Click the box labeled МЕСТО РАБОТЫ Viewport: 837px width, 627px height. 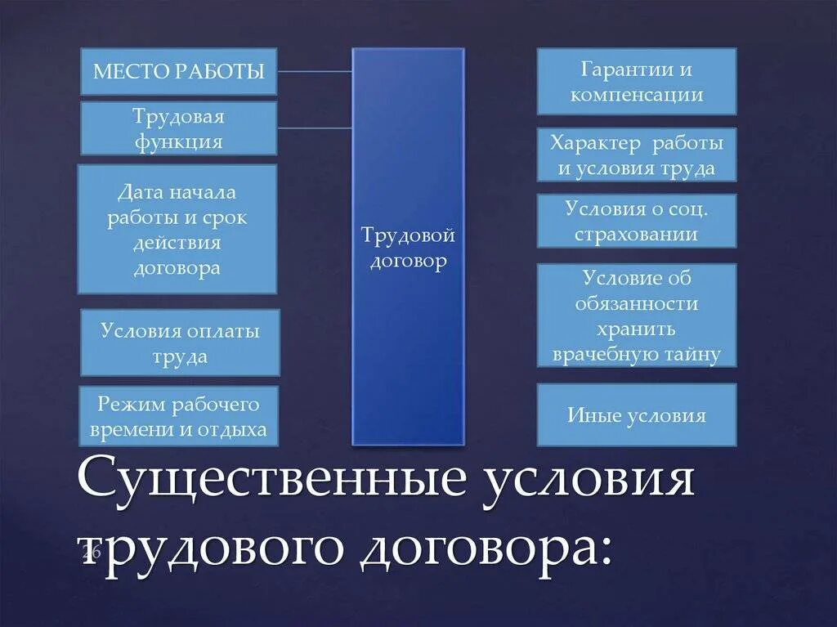tap(178, 71)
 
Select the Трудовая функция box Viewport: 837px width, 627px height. tap(178, 128)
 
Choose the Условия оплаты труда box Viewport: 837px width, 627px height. tap(180, 343)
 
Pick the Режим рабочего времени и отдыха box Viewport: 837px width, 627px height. tap(178, 416)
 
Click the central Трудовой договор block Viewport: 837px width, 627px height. tap(408, 247)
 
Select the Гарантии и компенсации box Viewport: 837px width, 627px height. tap(637, 82)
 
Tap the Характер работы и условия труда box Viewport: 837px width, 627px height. tap(637, 155)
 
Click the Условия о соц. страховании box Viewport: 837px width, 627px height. tap(637, 221)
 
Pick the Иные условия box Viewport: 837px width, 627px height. tap(637, 415)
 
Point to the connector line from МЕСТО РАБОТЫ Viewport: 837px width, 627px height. tap(315, 71)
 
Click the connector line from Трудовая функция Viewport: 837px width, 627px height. tap(315, 128)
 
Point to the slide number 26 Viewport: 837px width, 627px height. tap(91, 553)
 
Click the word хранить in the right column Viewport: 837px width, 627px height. tap(637, 329)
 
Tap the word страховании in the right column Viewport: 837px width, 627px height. tap(637, 234)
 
